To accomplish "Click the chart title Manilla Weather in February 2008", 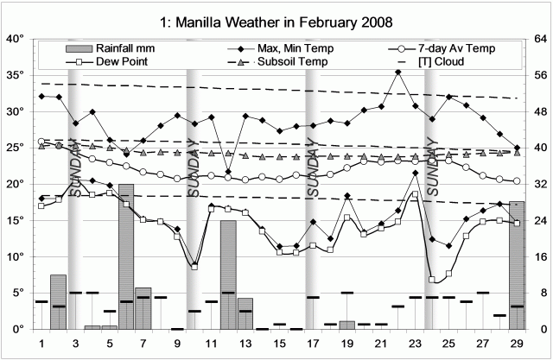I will [276, 20].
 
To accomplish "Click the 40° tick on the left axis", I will [15, 39].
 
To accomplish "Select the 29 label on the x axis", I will [517, 344].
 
